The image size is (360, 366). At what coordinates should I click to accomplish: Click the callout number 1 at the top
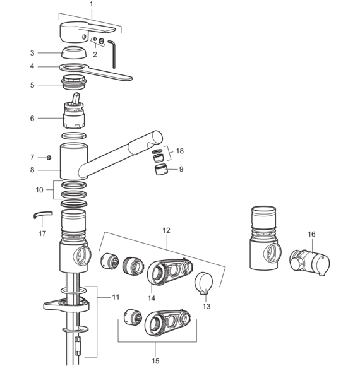click(x=91, y=4)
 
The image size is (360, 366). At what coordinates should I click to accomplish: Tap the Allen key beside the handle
click(x=113, y=54)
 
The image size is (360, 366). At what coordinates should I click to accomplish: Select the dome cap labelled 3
click(x=74, y=53)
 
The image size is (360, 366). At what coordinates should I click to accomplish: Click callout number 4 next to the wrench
click(x=32, y=66)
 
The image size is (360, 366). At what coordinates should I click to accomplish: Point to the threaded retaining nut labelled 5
click(x=74, y=82)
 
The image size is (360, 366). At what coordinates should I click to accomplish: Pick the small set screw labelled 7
click(x=49, y=158)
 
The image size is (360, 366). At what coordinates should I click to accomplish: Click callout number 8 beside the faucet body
click(x=32, y=170)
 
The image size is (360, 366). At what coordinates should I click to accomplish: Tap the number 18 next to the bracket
click(x=179, y=151)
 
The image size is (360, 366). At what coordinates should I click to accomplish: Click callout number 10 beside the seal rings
click(x=39, y=190)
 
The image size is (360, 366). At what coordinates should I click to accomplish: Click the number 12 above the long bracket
click(x=166, y=230)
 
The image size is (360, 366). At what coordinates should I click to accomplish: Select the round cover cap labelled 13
click(x=204, y=283)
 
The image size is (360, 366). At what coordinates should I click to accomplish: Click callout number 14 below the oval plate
click(x=152, y=298)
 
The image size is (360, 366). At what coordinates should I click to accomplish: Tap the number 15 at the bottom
click(x=155, y=361)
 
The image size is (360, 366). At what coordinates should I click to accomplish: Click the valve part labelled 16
click(x=309, y=263)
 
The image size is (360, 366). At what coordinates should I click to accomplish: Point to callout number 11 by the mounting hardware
click(x=116, y=297)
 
